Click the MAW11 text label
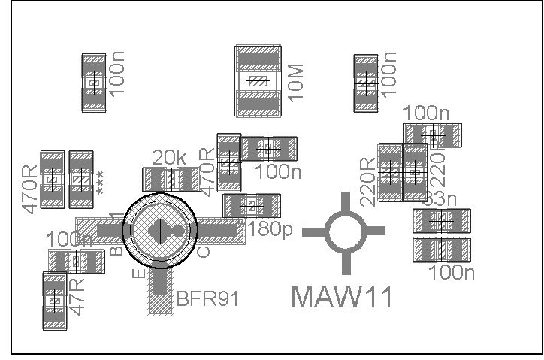(342, 296)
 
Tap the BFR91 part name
(207, 298)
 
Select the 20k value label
(169, 158)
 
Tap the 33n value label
(439, 199)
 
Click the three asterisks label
(100, 183)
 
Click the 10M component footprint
(258, 81)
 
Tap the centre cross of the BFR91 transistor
(160, 231)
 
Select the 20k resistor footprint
(170, 179)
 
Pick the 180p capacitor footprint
(252, 205)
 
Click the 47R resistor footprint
(54, 301)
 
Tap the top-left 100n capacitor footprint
(94, 83)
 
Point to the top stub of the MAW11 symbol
(346, 201)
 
